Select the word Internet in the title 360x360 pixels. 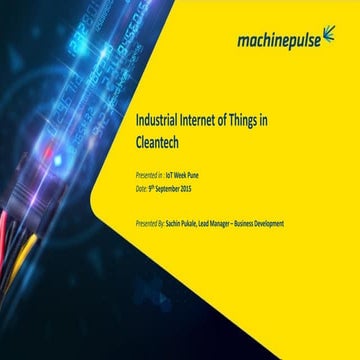coord(197,119)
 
